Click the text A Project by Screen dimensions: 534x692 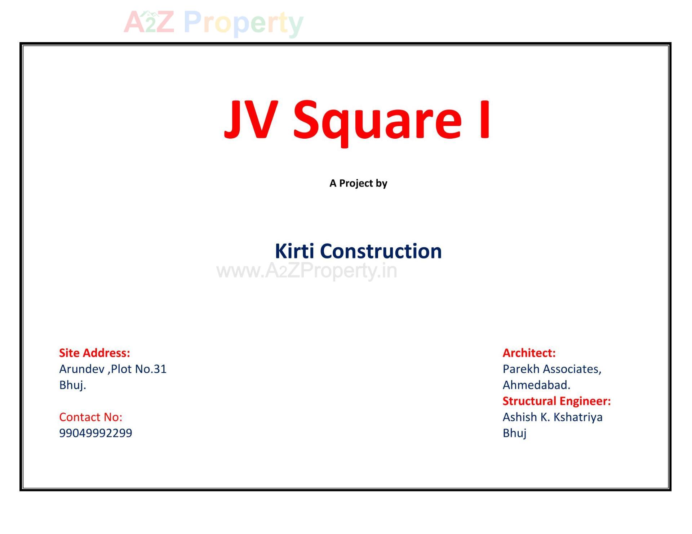[358, 183]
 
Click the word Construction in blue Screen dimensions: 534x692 [381, 251]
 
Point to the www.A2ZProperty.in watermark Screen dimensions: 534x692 [306, 271]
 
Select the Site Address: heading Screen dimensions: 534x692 [94, 353]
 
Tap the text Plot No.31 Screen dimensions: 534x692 [139, 369]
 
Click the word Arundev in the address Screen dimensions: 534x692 [81, 369]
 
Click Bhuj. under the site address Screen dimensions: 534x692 [72, 385]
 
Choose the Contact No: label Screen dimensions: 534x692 [90, 417]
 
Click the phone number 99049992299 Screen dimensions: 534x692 [96, 433]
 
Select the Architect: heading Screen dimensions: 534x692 [529, 353]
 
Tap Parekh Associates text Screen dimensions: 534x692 [551, 369]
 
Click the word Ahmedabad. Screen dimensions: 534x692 [536, 385]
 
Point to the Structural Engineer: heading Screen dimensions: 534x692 [556, 401]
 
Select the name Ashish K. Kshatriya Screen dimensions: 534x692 [552, 417]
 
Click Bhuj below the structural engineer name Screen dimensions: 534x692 [514, 433]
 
